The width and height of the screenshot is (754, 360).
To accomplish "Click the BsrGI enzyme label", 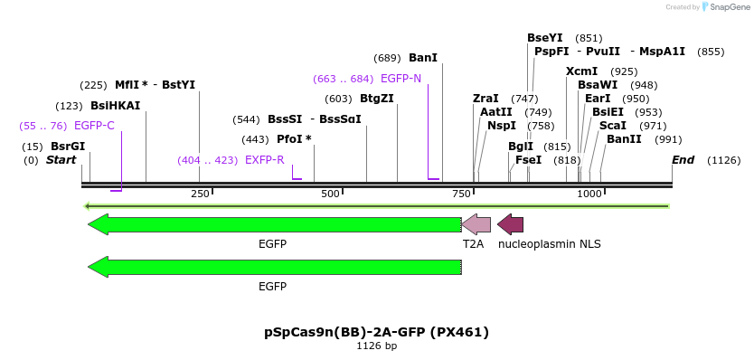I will point(68,147).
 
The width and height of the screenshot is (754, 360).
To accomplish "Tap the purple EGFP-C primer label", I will point(94,126).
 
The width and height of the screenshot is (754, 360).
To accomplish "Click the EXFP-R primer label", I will point(265,160).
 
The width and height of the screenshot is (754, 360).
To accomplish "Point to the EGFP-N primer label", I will point(401,79).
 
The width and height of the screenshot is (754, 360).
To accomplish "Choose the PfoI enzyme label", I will point(294,139).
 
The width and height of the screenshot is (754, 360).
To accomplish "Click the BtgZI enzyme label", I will point(377,99).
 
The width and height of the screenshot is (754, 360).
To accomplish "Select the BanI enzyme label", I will point(423,58).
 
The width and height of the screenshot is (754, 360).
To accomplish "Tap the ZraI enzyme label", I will point(485,99).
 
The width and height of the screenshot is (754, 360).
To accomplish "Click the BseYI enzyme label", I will point(545,38).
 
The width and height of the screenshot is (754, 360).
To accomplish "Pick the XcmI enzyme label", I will point(582,71).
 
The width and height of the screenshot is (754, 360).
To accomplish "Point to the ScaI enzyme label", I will point(614,126).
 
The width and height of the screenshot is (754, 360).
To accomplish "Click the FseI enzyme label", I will point(528,160).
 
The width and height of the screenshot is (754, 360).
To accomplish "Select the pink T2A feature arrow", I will point(476,224).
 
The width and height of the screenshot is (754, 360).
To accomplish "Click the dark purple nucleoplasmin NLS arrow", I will point(510,224).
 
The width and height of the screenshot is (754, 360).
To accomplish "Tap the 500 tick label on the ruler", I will point(330,194).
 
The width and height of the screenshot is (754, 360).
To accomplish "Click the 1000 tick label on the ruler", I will point(589,194).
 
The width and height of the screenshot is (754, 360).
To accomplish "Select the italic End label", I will point(683,160).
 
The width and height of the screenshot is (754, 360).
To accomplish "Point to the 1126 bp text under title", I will point(376,346).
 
